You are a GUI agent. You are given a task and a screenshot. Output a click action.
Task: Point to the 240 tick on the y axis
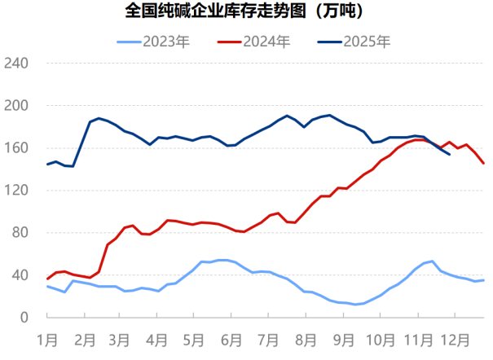[17, 64]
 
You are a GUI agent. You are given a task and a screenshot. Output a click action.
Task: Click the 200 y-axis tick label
[17, 106]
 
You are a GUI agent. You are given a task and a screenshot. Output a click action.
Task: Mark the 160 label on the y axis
[17, 148]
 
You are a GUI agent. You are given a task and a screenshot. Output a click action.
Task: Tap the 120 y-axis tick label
[17, 191]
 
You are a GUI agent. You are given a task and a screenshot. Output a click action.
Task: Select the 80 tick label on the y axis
[20, 233]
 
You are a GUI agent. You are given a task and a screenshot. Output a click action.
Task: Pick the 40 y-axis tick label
[20, 275]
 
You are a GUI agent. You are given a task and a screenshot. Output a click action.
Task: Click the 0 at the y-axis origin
[24, 318]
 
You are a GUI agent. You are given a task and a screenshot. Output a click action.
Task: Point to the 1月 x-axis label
[47, 336]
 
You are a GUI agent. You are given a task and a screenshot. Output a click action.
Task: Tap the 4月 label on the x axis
[156, 336]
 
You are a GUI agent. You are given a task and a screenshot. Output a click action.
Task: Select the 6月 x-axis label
[231, 336]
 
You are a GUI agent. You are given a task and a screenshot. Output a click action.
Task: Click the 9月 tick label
[342, 336]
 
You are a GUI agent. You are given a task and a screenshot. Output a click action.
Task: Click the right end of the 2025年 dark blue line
[450, 154]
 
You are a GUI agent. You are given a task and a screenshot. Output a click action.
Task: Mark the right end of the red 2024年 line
[484, 163]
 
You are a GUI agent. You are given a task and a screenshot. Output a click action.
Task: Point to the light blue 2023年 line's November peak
[432, 261]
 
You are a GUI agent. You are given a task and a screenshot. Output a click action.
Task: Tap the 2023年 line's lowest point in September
[355, 305]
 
